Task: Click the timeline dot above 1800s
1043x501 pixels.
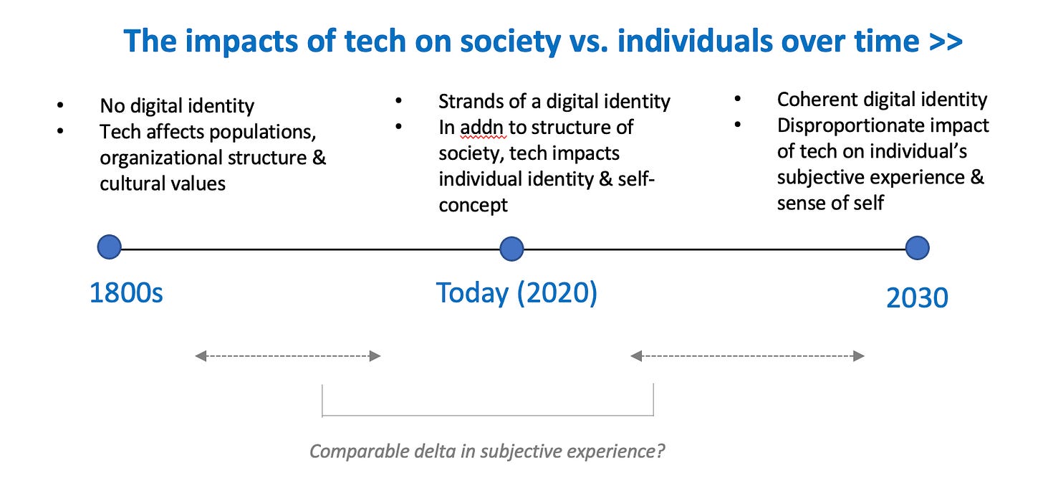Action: tap(110, 247)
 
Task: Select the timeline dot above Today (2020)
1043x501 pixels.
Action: tap(511, 249)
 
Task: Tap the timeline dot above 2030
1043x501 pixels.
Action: tap(917, 247)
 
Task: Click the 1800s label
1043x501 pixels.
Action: tap(126, 293)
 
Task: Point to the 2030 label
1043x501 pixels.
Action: tap(917, 297)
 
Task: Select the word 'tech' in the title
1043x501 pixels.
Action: tap(375, 41)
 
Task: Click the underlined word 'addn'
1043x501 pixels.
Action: tap(482, 128)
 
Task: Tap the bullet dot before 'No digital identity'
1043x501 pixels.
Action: tap(60, 105)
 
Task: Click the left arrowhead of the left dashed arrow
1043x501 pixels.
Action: tap(201, 356)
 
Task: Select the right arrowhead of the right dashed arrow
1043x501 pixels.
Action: tap(859, 356)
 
